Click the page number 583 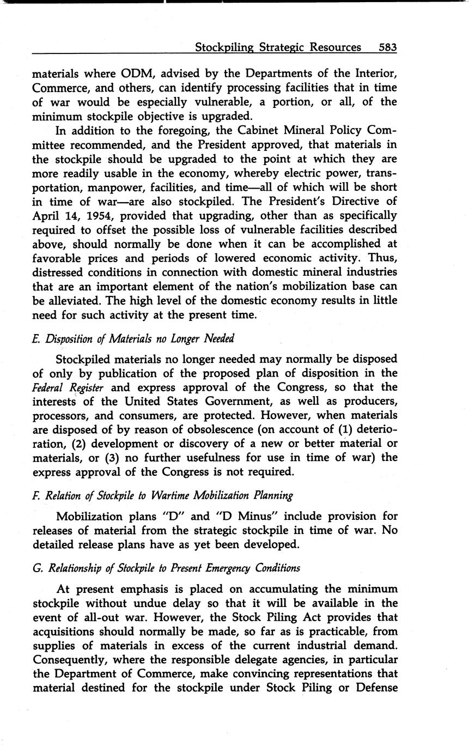387,47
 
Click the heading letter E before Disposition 36,339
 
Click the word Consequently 71,660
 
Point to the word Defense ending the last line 376,688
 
